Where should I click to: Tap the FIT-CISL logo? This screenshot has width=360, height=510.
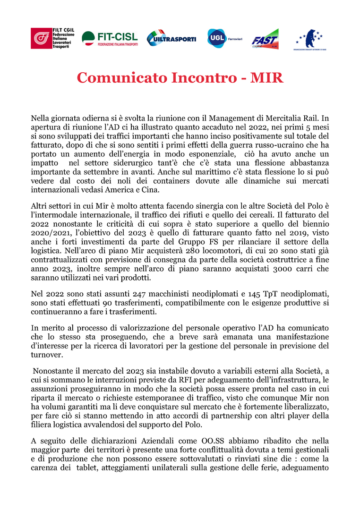click(110, 38)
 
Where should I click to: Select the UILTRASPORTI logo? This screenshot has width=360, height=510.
click(171, 38)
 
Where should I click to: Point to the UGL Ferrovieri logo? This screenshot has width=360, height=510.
click(224, 38)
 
